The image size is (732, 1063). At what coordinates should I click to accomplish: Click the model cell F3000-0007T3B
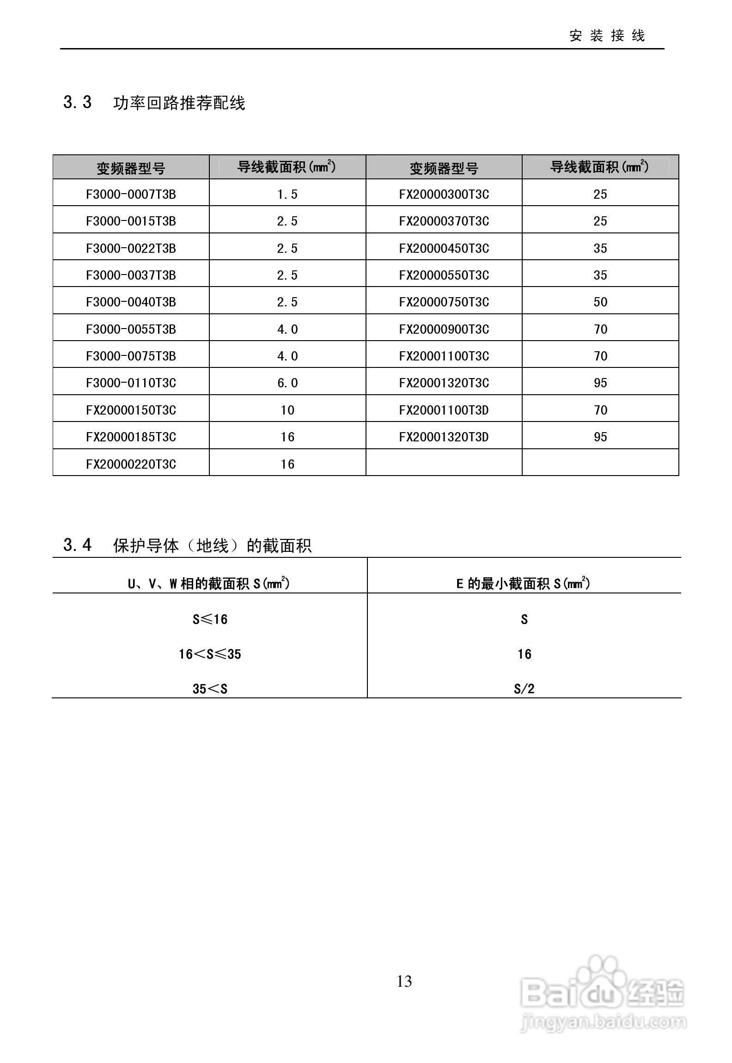coord(131,194)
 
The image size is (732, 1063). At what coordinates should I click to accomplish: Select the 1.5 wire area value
coord(287,194)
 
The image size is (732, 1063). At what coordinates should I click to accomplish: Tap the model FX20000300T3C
coord(444,194)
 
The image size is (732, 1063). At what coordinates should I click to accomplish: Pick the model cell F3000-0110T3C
coord(131,383)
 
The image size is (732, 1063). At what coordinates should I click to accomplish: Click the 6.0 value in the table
coord(287,383)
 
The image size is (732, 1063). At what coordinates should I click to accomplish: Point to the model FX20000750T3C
coord(444,302)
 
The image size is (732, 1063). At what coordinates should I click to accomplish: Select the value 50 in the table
coord(600,302)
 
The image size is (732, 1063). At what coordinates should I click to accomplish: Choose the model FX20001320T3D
coord(444,437)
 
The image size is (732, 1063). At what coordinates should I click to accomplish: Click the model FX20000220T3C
coord(131,464)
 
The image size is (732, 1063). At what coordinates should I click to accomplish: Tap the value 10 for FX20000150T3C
coord(287,410)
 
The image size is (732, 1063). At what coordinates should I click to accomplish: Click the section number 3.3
coord(77,102)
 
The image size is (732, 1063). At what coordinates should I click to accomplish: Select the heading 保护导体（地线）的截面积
coord(212,546)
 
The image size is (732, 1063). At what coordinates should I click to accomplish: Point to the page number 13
coord(404,981)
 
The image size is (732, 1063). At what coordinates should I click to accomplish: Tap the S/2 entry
coord(524,689)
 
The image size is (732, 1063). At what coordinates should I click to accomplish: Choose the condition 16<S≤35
coord(210,654)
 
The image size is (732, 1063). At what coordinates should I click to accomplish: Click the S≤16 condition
coord(210,619)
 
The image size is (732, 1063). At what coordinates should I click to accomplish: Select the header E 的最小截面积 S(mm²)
coord(523,583)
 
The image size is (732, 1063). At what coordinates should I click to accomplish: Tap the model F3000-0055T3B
coord(131,329)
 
